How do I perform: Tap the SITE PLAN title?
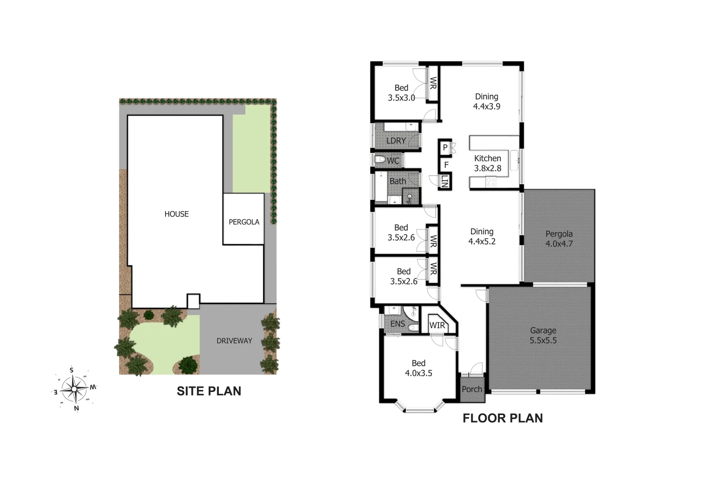click(x=209, y=391)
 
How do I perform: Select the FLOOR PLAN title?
click(x=502, y=418)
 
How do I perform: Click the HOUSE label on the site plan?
click(x=176, y=214)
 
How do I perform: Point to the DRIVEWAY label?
click(x=234, y=341)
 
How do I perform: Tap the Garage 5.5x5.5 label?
click(x=543, y=335)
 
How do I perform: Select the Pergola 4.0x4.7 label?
click(x=559, y=239)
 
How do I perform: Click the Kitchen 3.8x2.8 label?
click(x=487, y=163)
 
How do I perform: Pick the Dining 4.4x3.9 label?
click(x=486, y=102)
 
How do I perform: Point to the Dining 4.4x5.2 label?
click(x=482, y=237)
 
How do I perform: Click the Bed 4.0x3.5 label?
click(x=418, y=368)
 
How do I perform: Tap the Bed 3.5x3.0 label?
click(x=401, y=93)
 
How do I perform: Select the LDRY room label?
click(x=396, y=141)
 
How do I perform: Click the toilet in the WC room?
click(x=380, y=159)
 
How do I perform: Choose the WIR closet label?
click(x=437, y=325)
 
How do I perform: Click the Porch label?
click(x=472, y=389)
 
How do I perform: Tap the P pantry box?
click(x=445, y=147)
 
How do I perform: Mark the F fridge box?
click(x=446, y=165)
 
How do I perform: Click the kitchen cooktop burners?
click(x=490, y=182)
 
